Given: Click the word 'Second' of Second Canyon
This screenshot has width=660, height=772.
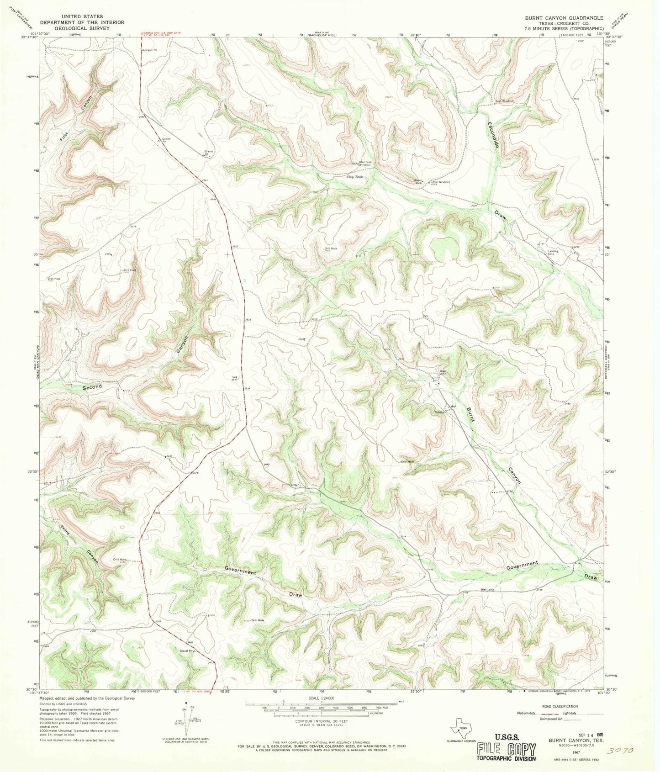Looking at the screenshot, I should [92, 387].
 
